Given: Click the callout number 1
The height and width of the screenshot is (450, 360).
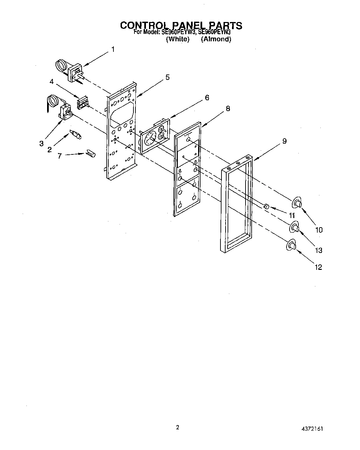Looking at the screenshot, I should pyautogui.click(x=113, y=49).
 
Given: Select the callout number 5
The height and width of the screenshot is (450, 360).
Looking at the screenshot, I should pyautogui.click(x=168, y=77).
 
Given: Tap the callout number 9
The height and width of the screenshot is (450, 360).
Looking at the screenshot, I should pyautogui.click(x=284, y=141).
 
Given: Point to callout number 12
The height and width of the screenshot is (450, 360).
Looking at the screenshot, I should pyautogui.click(x=318, y=267).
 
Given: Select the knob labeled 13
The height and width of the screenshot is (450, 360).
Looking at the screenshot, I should pyautogui.click(x=294, y=227).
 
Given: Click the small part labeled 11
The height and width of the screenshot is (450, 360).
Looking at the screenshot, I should pyautogui.click(x=267, y=206).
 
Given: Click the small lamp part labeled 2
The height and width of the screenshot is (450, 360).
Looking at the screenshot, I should pyautogui.click(x=76, y=134).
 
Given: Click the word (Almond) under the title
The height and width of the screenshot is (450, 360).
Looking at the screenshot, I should pyautogui.click(x=216, y=39).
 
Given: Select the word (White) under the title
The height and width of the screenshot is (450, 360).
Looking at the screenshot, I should pyautogui.click(x=177, y=39).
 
